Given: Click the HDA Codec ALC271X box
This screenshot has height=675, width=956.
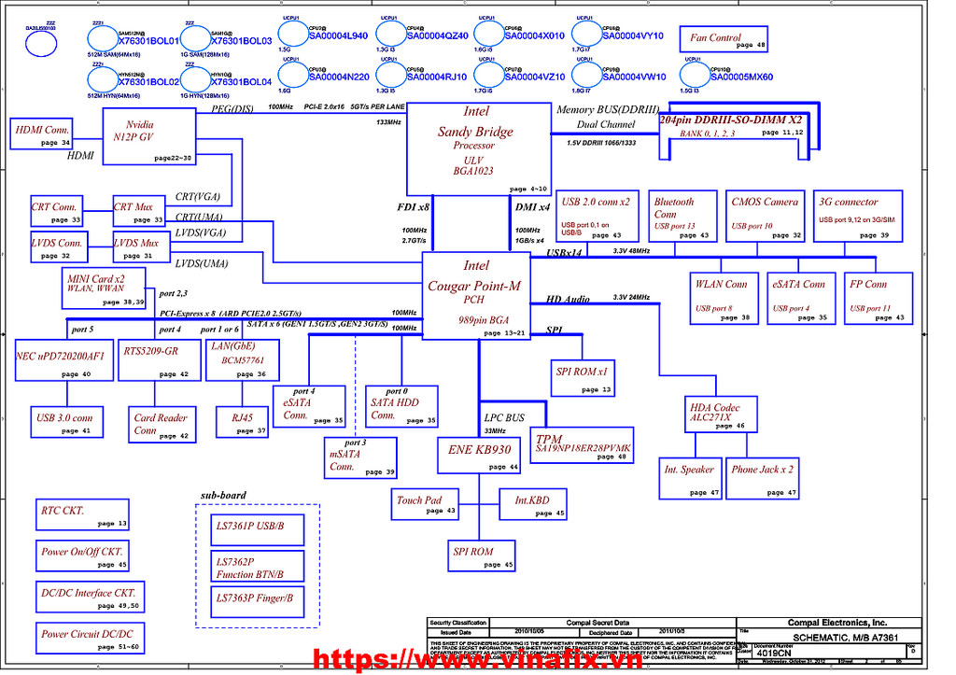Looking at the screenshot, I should (714, 415).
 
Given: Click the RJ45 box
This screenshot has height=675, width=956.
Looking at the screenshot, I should (242, 423).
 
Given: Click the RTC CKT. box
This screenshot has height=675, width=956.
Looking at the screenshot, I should (84, 516).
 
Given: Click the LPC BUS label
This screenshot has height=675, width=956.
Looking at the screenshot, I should (503, 416).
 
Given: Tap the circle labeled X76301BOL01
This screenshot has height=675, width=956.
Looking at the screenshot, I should (112, 39).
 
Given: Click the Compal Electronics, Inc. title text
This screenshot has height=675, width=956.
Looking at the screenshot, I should (836, 623).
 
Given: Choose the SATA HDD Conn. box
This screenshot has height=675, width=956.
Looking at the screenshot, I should (401, 407).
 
